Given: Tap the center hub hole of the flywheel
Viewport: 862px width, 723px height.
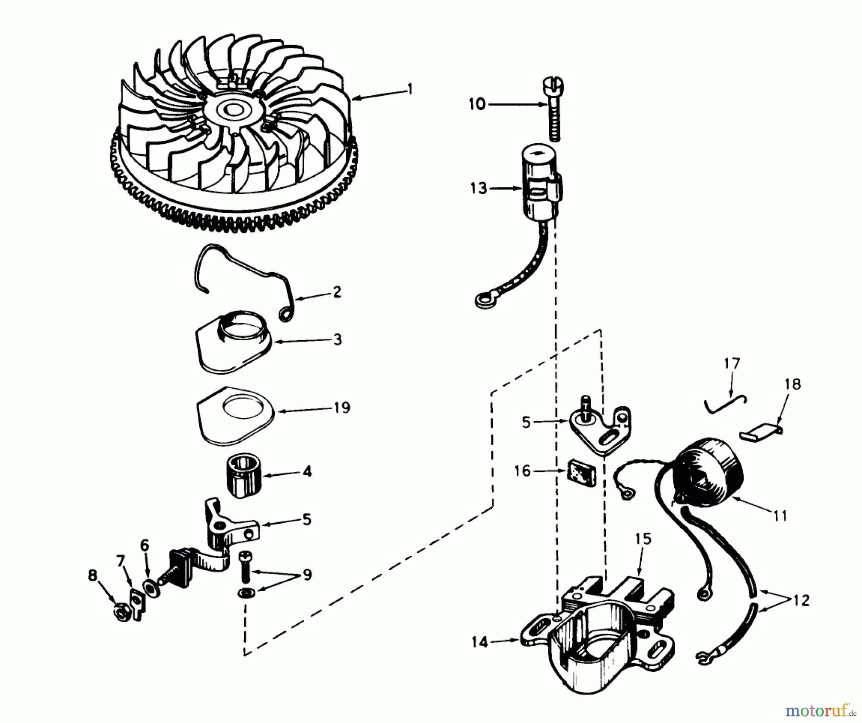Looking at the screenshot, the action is (x=236, y=111).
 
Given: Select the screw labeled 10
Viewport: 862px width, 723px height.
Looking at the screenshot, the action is (x=553, y=110).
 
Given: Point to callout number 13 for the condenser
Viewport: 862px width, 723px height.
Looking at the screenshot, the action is (x=478, y=188).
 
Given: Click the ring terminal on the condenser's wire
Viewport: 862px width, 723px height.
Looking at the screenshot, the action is (x=481, y=301).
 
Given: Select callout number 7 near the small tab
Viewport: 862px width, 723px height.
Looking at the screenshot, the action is (x=121, y=561).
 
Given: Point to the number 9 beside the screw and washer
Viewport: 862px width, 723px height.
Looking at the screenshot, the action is (x=307, y=574).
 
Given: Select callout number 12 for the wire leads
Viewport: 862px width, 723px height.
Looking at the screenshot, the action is (x=801, y=600).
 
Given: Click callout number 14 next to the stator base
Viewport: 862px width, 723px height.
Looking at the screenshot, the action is (x=479, y=642).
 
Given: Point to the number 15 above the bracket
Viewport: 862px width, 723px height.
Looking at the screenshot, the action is (x=643, y=539).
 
